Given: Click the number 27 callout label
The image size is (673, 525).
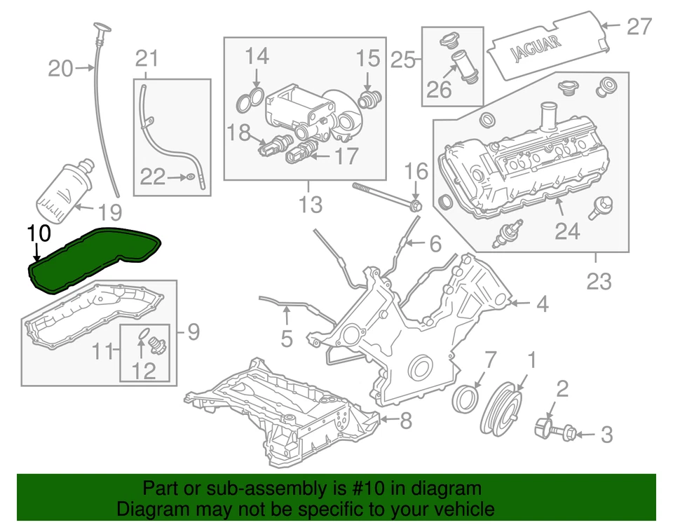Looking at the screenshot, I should tap(639, 27).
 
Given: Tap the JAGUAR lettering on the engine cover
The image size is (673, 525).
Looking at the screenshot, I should tap(535, 48).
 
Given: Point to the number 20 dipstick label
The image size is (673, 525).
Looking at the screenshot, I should tap(61, 69).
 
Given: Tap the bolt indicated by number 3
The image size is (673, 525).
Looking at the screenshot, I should tap(566, 432).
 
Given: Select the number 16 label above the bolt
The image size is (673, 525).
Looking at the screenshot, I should tap(416, 170).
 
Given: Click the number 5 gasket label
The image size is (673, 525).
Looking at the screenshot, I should tap(286, 339).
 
